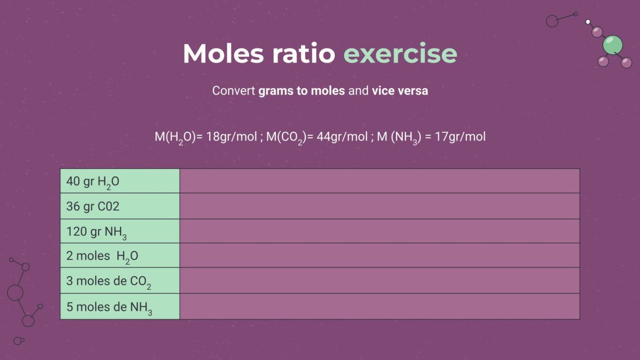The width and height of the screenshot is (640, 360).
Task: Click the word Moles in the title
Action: [x=223, y=54]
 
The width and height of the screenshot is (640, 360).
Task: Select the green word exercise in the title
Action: [x=400, y=54]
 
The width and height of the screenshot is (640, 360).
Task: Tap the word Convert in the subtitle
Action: [x=234, y=90]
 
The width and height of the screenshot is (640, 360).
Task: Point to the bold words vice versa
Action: [x=399, y=90]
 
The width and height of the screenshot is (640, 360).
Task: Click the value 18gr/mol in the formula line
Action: [x=232, y=137]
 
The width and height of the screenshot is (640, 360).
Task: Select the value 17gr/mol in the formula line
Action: [x=460, y=137]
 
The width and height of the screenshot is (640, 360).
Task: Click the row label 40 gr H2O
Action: [x=93, y=182]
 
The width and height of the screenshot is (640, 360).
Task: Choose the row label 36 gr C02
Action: [x=93, y=207]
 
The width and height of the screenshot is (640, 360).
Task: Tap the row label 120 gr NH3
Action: [x=96, y=231]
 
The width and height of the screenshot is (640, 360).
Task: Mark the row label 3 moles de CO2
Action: [x=109, y=281]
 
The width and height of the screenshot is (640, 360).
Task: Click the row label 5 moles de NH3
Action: [x=109, y=307]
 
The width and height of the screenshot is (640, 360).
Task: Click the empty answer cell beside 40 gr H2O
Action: [x=379, y=181]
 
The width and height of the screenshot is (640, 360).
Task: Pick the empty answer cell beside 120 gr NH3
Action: [x=379, y=231]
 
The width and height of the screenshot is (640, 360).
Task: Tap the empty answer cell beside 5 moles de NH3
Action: [x=379, y=306]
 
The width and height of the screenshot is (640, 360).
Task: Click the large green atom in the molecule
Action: [x=612, y=45]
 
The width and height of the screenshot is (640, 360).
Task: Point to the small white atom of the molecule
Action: [x=588, y=22]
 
